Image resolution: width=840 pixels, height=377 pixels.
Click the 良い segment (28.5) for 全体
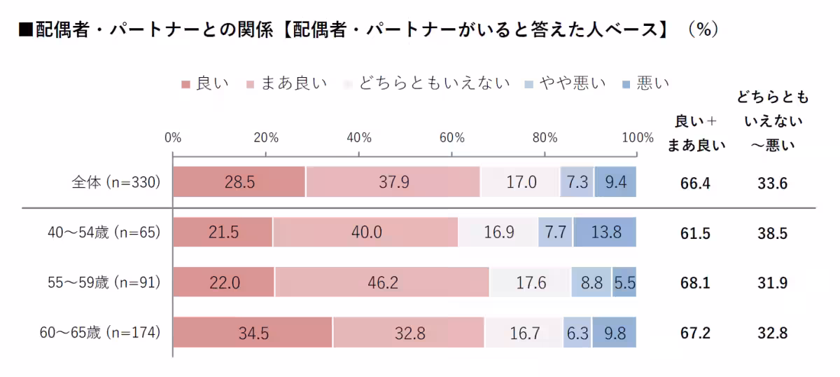point(239,182)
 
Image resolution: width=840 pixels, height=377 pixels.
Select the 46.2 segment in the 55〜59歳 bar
point(382,282)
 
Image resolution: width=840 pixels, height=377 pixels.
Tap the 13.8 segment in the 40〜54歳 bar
point(605,232)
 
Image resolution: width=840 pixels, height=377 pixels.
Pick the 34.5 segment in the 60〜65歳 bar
point(253,333)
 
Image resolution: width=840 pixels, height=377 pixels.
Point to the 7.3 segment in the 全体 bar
point(577,182)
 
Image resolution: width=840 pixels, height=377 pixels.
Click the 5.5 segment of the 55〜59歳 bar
point(624,282)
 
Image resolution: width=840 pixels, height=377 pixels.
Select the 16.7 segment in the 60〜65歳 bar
point(524,333)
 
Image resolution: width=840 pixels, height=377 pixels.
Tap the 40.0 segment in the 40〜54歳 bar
point(365,232)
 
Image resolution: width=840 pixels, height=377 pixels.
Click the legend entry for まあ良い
point(288,84)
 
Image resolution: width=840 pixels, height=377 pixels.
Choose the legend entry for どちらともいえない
point(428,84)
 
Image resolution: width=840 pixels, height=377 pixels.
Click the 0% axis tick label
point(173,137)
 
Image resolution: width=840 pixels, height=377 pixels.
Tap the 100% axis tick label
point(636,137)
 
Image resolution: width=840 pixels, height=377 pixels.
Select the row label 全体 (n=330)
point(116,182)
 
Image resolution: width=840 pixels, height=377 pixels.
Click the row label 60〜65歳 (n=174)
point(101,333)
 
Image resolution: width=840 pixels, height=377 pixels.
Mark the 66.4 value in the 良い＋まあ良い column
point(695,184)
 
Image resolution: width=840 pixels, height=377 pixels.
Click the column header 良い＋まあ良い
point(696,133)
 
